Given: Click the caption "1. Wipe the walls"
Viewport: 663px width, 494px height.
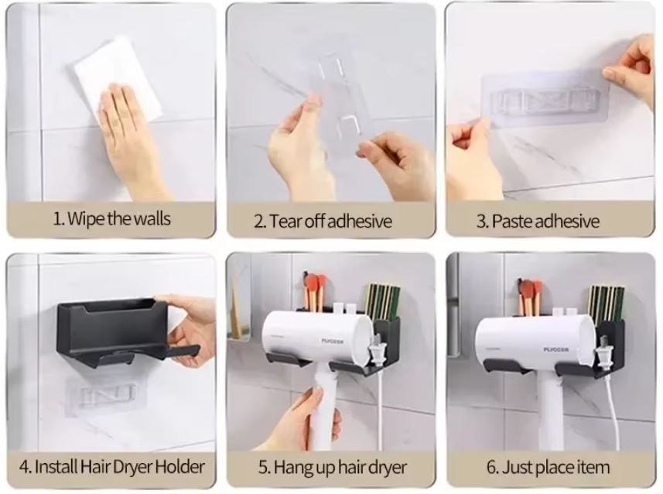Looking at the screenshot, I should point(111,219).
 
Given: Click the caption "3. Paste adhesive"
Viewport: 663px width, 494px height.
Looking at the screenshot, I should point(538,221).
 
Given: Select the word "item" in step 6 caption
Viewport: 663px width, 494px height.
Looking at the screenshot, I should point(591,467).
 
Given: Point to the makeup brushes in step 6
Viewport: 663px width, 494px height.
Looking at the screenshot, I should point(530,294).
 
